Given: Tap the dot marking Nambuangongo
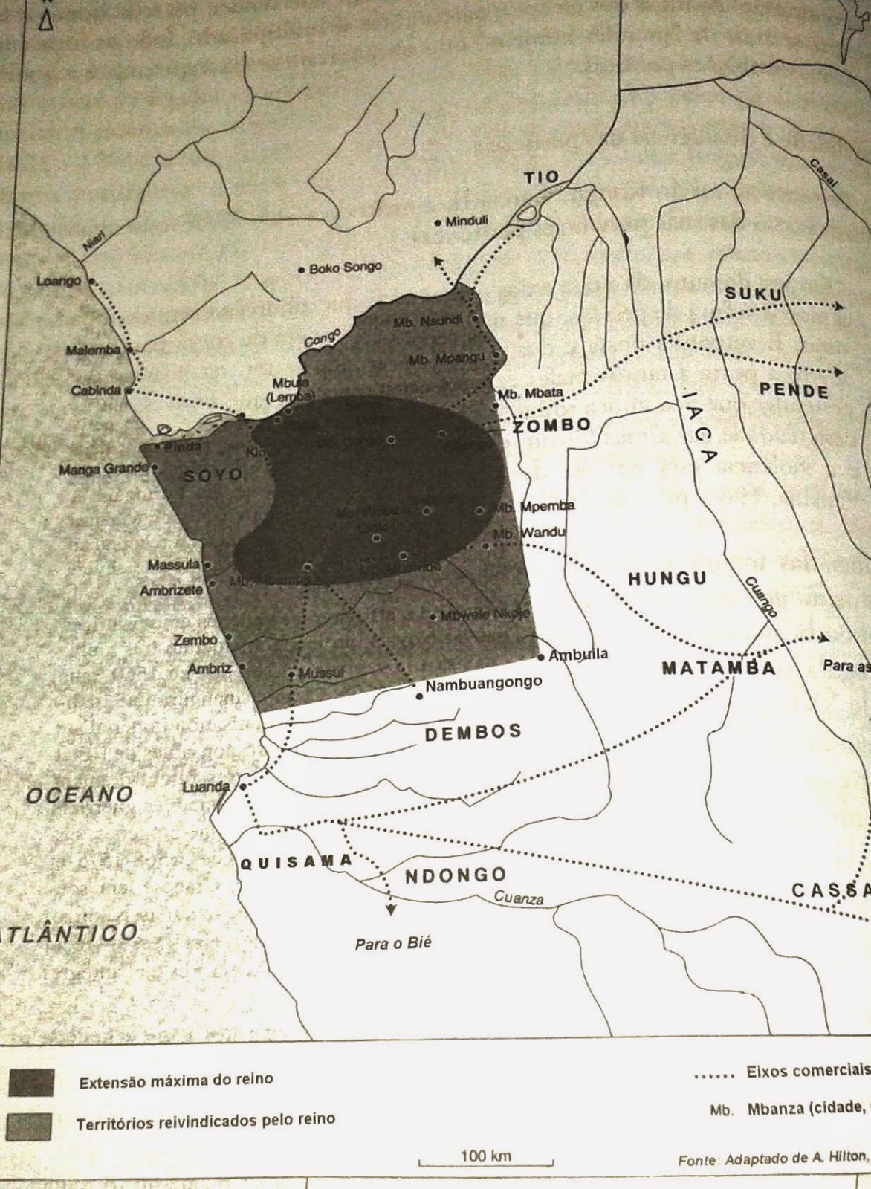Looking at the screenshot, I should click(x=420, y=696).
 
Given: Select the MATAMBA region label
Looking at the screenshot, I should click(x=719, y=667).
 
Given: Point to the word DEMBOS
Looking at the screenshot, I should click(x=473, y=733).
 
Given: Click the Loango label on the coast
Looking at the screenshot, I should click(x=59, y=281).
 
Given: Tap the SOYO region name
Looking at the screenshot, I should click(x=213, y=474).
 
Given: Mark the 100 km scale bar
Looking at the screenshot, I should click(x=485, y=1161).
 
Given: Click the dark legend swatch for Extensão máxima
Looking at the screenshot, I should click(x=30, y=1082).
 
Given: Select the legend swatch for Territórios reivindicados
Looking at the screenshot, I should click(x=30, y=1125).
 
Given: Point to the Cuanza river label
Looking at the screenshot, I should click(x=519, y=898).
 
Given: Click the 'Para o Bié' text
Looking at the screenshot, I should click(x=393, y=944).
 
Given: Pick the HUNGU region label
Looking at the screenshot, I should click(x=667, y=578).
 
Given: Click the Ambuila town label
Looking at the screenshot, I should click(x=578, y=655).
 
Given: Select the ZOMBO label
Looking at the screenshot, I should click(x=552, y=425).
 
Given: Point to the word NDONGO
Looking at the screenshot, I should click(x=455, y=875).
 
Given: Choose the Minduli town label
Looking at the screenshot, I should click(x=466, y=221).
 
